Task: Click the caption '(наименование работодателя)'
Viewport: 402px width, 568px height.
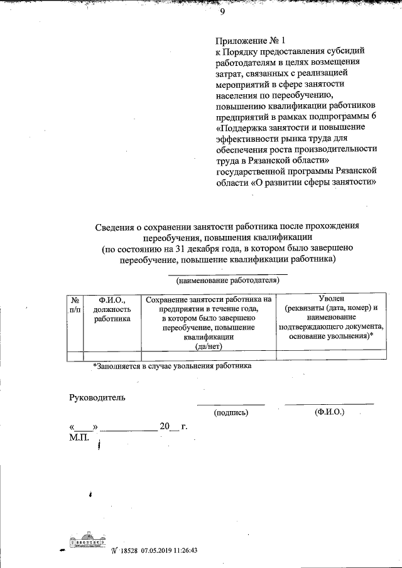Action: [x=227, y=280]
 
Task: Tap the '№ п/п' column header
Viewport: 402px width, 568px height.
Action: [x=75, y=304]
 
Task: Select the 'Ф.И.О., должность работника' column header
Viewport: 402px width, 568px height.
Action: [x=112, y=309]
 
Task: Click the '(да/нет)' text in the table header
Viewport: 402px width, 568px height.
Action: [x=209, y=346]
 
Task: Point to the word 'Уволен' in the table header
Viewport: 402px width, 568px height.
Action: [x=332, y=299]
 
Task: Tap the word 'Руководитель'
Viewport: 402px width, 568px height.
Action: [x=97, y=397]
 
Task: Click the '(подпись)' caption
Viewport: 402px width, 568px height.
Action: [x=231, y=412]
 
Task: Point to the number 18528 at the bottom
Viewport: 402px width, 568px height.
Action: [x=128, y=550]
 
